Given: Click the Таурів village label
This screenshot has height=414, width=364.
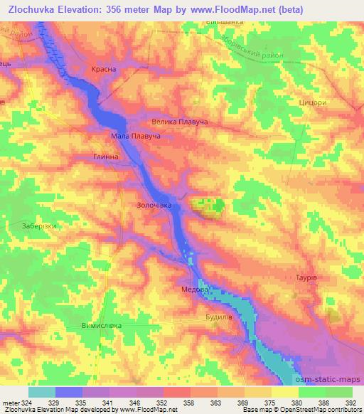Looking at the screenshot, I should pos(304,277).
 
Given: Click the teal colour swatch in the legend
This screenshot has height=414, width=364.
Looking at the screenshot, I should pos(42,392).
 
